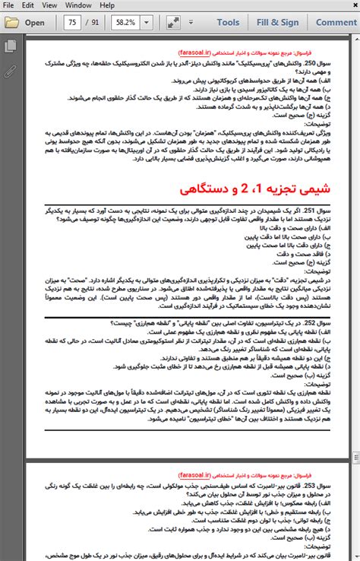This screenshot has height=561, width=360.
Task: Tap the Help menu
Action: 107,5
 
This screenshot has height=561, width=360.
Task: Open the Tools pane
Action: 227,22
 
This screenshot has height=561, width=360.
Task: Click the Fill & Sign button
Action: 277,22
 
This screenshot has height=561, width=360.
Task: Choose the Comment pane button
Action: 335,22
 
